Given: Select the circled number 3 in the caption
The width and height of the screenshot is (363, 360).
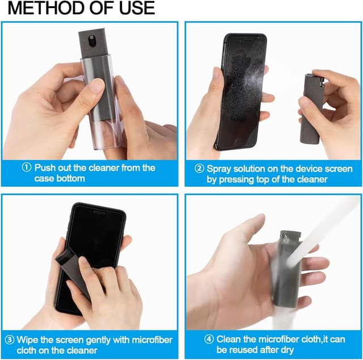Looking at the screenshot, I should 9,340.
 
